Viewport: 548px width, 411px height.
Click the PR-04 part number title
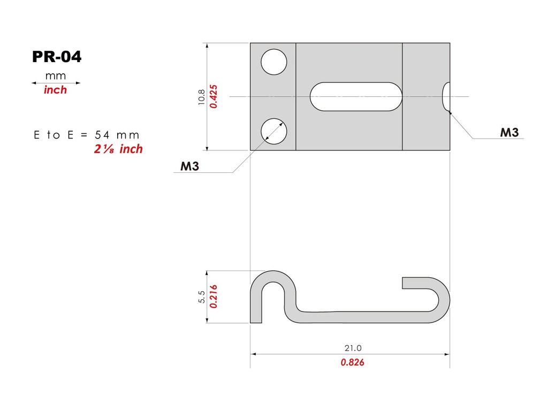pos(57,57)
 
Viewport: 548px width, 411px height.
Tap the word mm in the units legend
pos(56,75)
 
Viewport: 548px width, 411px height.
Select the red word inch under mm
pos(56,90)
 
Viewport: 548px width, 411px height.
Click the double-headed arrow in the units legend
pos(56,83)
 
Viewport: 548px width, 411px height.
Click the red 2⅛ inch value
pos(118,149)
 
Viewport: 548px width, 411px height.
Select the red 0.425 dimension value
pos(213,97)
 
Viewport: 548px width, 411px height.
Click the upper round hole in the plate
pos(273,62)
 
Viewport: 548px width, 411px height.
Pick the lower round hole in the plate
pos(273,131)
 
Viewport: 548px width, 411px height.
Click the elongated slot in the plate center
pos(356,96)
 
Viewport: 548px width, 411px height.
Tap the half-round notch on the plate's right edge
pos(446,97)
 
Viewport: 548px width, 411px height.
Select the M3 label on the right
pos(509,133)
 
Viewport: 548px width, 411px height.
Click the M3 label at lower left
pos(190,166)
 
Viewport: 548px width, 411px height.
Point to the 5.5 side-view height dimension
pos(201,296)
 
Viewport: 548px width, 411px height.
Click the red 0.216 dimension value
pos(213,296)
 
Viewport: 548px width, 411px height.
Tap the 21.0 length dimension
pos(350,348)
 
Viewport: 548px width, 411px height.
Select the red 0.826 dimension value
pos(352,362)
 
